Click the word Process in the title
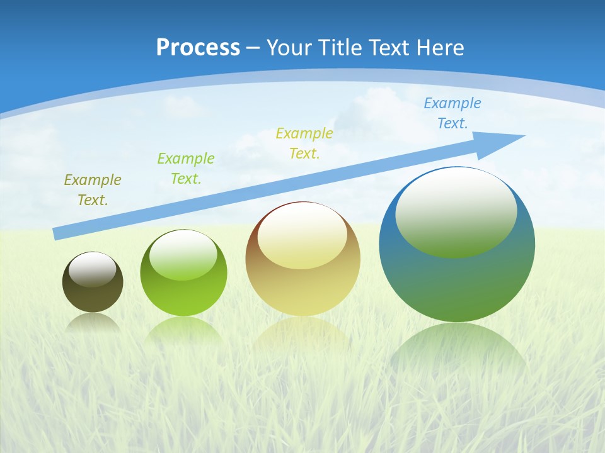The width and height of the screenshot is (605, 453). [x=198, y=48]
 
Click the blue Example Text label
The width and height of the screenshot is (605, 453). [x=452, y=113]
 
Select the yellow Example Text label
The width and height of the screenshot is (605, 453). [x=304, y=143]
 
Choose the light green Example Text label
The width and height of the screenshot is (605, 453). [x=186, y=168]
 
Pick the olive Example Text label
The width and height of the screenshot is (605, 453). [x=93, y=189]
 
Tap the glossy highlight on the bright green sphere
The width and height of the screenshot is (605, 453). [x=183, y=255]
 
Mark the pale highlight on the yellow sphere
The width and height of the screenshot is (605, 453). [x=302, y=237]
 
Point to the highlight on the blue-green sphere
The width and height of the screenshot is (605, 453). [x=456, y=213]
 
